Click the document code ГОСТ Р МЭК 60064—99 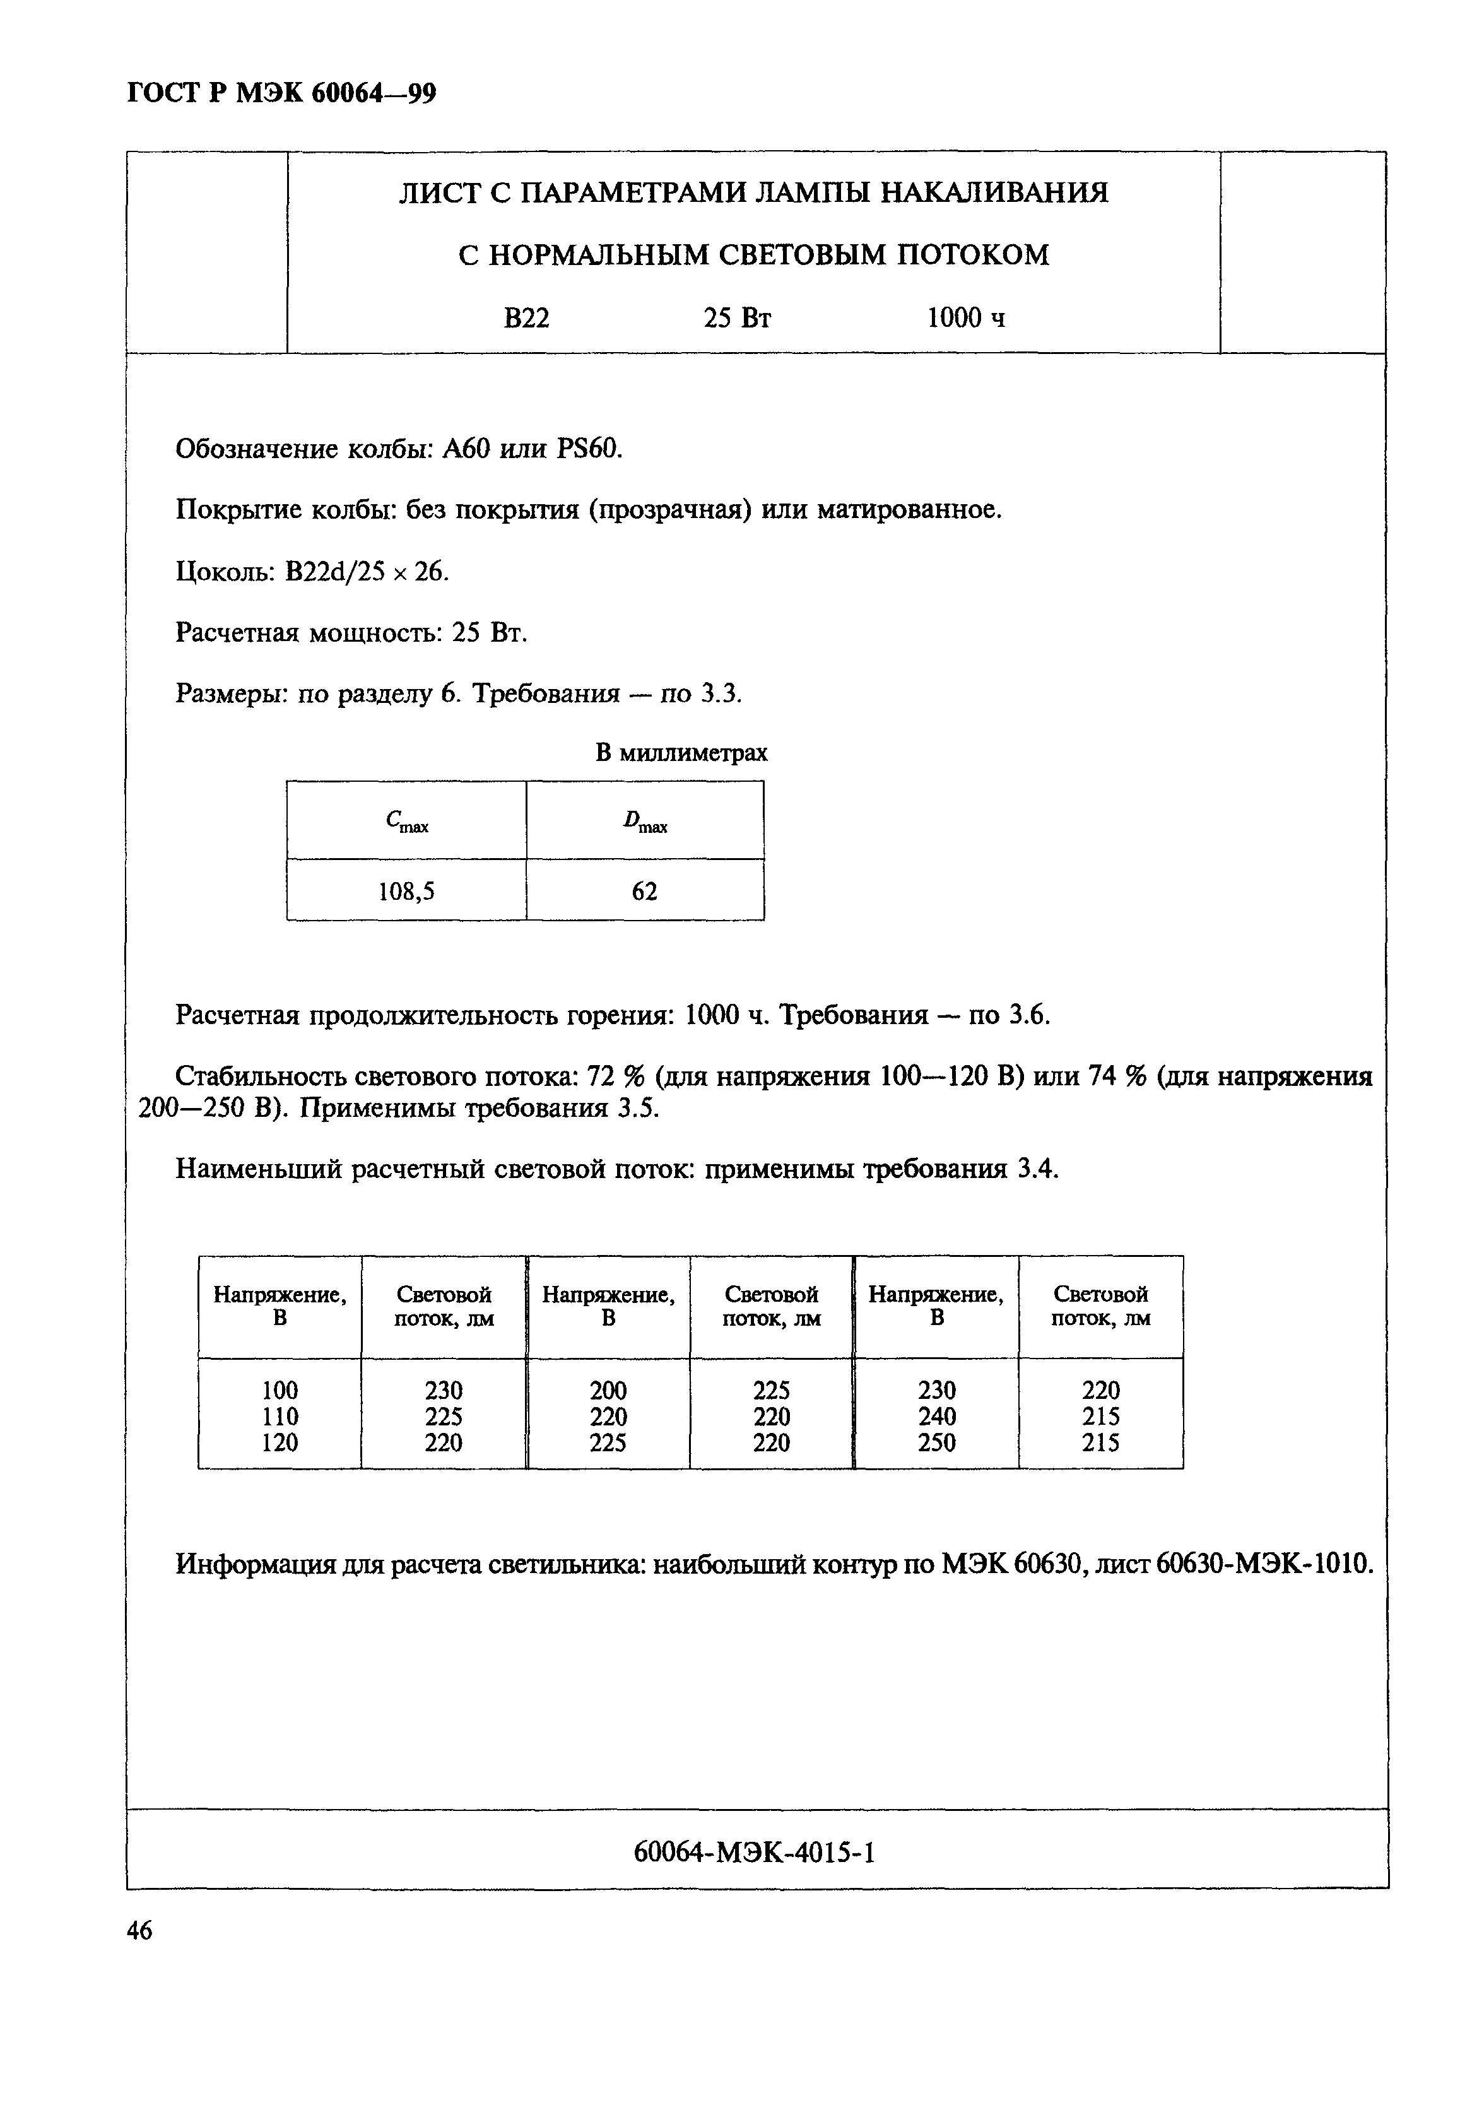click(281, 93)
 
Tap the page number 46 click(140, 1931)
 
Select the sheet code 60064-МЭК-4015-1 click(755, 1852)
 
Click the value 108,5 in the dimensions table click(406, 891)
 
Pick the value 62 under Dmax click(644, 891)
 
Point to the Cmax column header click(406, 822)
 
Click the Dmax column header click(644, 822)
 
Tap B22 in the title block click(526, 318)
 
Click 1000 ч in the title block click(965, 318)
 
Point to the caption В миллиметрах click(681, 753)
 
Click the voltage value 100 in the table click(280, 1390)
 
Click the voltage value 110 click(280, 1417)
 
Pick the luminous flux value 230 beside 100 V click(444, 1390)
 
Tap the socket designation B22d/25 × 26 click(366, 572)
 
